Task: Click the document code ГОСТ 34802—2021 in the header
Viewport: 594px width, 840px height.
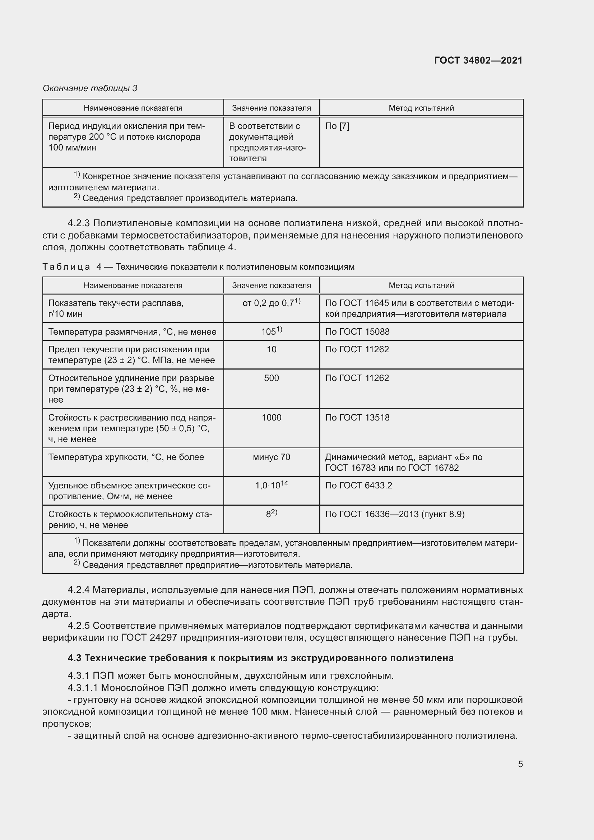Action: pyautogui.click(x=478, y=60)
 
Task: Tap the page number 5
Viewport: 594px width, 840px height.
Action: pyautogui.click(x=520, y=764)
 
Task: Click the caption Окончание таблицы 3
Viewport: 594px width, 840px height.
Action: pyautogui.click(x=90, y=88)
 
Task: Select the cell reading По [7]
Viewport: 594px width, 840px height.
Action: pyautogui.click(x=337, y=126)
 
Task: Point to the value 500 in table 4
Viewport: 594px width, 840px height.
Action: pyautogui.click(x=272, y=378)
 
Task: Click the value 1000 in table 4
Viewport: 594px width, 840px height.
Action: pyautogui.click(x=272, y=417)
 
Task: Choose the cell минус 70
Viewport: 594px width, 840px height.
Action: pyautogui.click(x=272, y=457)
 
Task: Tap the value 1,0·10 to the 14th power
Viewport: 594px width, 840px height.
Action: pyautogui.click(x=272, y=485)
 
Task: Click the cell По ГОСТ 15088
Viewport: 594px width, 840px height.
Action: pyautogui.click(x=357, y=332)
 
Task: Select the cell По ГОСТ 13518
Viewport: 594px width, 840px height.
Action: pyautogui.click(x=357, y=417)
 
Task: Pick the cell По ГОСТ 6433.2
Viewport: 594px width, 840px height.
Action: pyautogui.click(x=358, y=485)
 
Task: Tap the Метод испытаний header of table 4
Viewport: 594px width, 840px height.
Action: pyautogui.click(x=421, y=286)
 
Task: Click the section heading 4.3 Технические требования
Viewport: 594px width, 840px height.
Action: pyautogui.click(x=260, y=658)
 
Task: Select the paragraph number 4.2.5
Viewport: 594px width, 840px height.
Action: pyautogui.click(x=81, y=626)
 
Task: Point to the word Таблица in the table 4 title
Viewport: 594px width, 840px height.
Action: pyautogui.click(x=66, y=267)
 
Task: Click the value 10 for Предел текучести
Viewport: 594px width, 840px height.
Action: pyautogui.click(x=272, y=349)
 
